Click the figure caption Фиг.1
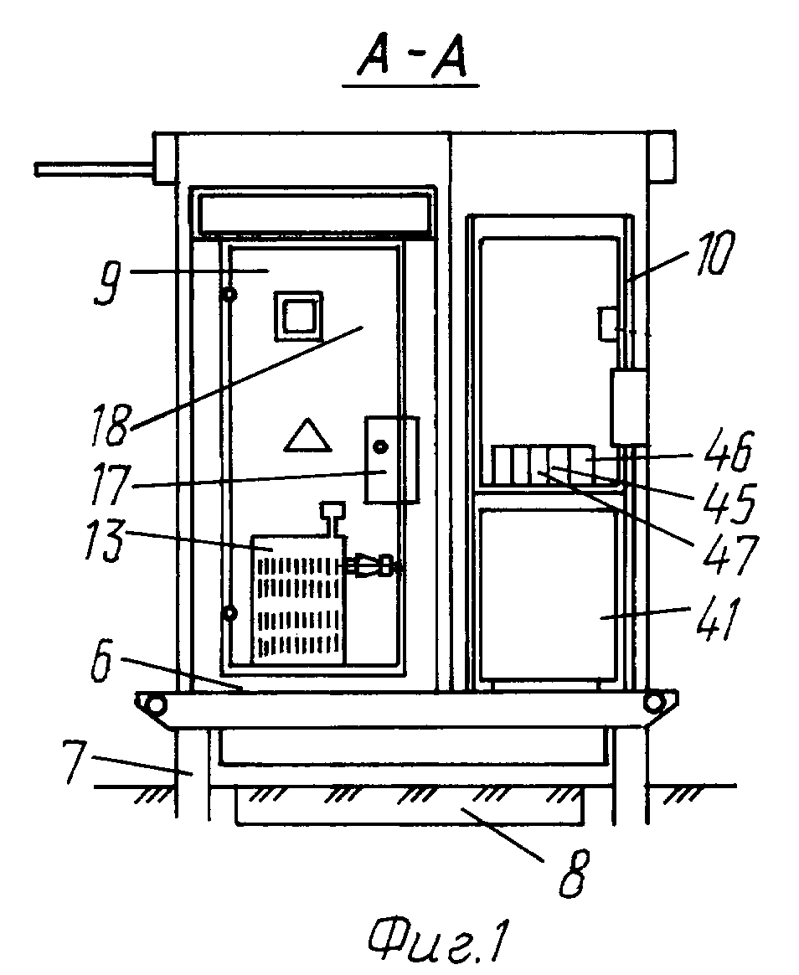[438, 941]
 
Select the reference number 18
[111, 425]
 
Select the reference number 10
[714, 253]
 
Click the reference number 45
[730, 501]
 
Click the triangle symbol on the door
[307, 435]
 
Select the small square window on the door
[299, 316]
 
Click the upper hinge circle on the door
[229, 295]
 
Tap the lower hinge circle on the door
[229, 614]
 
